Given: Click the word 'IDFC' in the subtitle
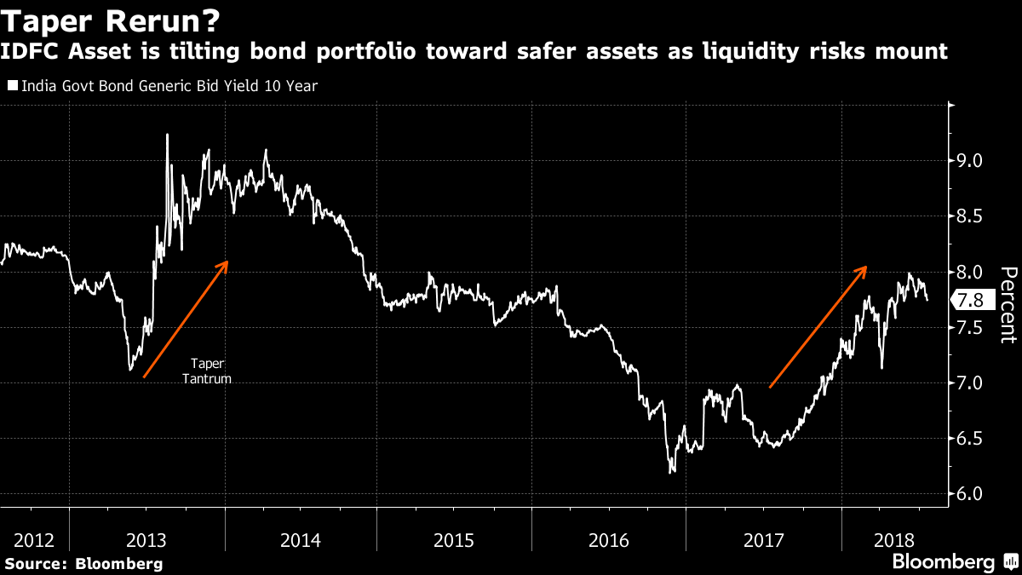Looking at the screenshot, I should (x=32, y=51).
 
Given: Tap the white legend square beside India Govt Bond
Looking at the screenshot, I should (x=12, y=86).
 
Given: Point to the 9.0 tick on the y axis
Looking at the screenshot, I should (x=972, y=161).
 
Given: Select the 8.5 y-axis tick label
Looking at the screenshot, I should (x=972, y=216).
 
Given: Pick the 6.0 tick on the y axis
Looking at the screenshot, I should (x=972, y=494).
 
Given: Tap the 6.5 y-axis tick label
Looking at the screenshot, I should (x=972, y=439).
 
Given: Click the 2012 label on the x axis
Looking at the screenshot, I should (x=34, y=540).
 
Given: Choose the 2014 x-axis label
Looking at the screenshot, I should (x=300, y=540).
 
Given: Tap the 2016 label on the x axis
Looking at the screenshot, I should (x=608, y=540).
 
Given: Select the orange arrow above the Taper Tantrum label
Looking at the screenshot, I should (x=186, y=319).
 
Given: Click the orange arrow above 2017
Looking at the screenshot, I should (x=818, y=327).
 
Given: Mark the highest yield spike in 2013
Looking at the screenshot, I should (x=167, y=135).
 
